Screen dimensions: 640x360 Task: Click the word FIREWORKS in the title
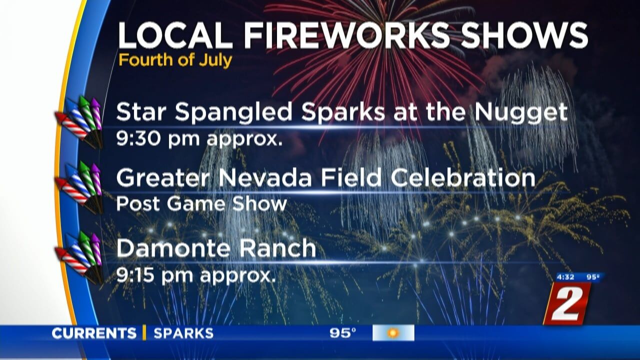click(346, 35)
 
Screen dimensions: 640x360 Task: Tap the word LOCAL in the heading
click(175, 35)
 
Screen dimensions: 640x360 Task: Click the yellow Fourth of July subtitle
click(175, 60)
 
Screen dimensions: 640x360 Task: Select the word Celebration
click(463, 178)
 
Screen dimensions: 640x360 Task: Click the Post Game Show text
click(201, 204)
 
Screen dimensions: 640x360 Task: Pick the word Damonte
click(173, 248)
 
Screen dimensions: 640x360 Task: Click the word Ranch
click(277, 248)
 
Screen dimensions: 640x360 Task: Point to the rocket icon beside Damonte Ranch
click(79, 257)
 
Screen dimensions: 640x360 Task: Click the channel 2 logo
click(567, 303)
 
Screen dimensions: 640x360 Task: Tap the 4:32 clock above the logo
click(565, 277)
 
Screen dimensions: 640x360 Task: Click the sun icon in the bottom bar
click(393, 333)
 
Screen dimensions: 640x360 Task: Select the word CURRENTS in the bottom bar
click(94, 333)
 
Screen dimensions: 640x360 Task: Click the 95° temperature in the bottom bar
click(343, 333)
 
